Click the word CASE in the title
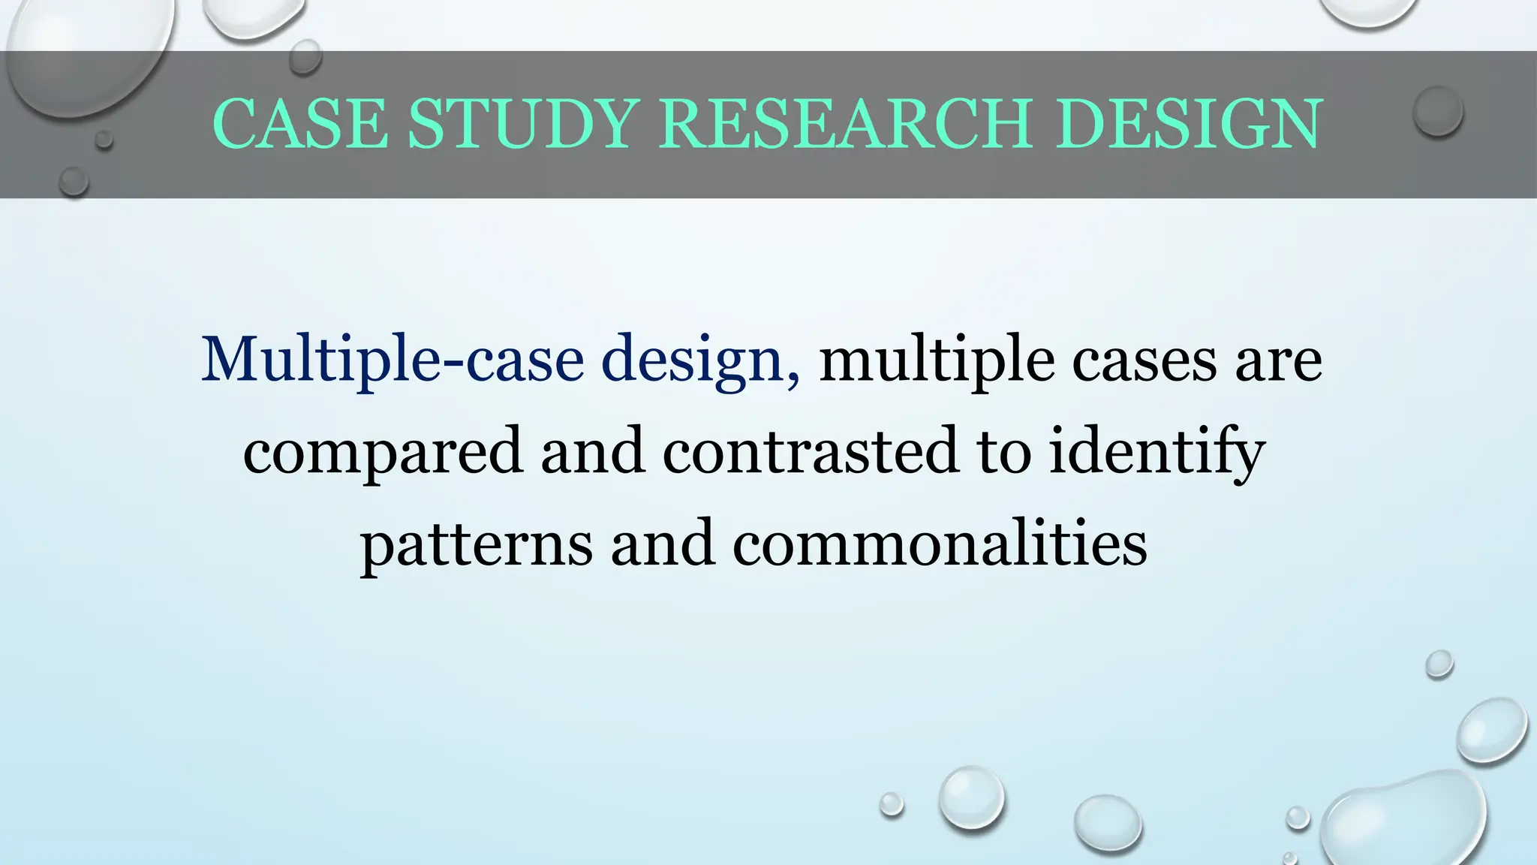coord(300,124)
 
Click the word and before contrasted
coord(593,451)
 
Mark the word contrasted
coord(811,451)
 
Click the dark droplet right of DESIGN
coord(1438,110)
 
